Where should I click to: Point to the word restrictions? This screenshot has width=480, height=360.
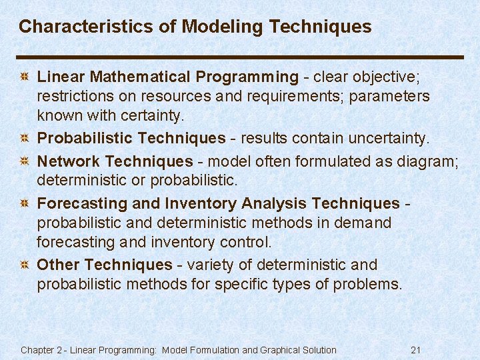[x=71, y=97]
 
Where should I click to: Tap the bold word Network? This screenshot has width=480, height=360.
[x=68, y=161]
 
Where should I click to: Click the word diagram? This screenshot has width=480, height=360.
[x=429, y=161]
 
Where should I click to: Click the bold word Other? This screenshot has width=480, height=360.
[x=59, y=265]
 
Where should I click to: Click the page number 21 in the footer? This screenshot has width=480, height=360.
[x=416, y=350]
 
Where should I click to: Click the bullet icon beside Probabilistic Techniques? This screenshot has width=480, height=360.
[x=24, y=139]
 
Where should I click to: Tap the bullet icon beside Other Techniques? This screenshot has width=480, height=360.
[x=24, y=265]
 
